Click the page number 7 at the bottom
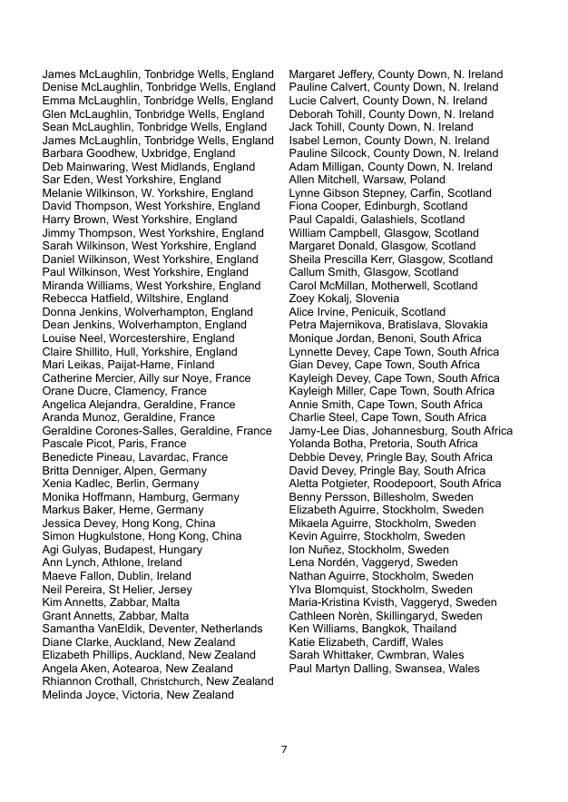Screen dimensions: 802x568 pyautogui.click(x=284, y=749)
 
